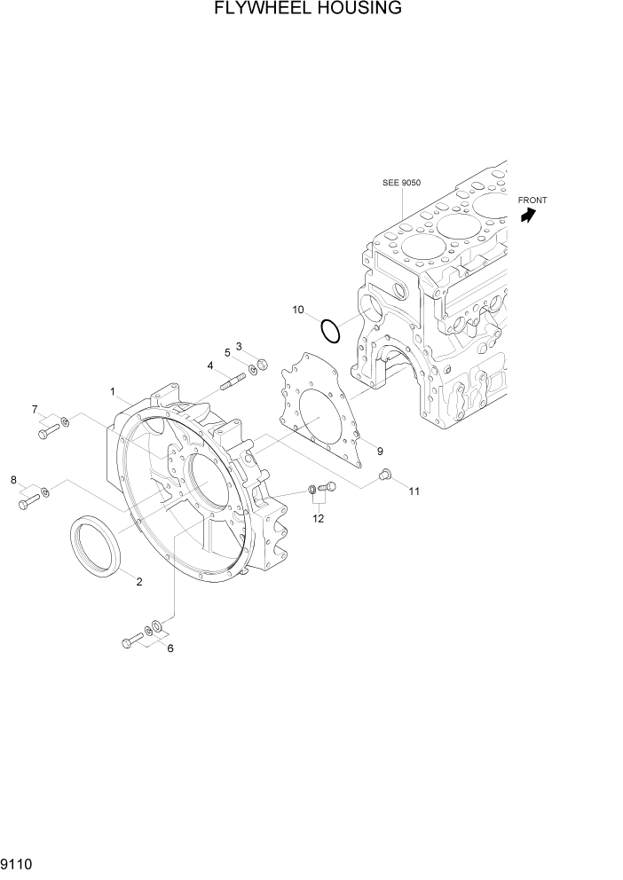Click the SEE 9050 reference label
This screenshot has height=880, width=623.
[401, 183]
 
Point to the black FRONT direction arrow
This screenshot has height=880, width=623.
[530, 216]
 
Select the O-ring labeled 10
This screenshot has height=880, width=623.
[330, 331]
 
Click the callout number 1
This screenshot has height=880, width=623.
[114, 391]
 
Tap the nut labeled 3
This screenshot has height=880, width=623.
[263, 364]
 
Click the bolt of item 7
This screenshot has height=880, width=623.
[48, 431]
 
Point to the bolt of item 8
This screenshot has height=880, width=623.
[27, 503]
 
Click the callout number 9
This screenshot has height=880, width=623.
[379, 451]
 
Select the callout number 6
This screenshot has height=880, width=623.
[170, 648]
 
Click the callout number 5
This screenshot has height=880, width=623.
[227, 352]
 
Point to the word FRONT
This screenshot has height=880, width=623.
[532, 200]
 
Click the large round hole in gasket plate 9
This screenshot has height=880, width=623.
[319, 417]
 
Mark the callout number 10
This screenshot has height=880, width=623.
[298, 310]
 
